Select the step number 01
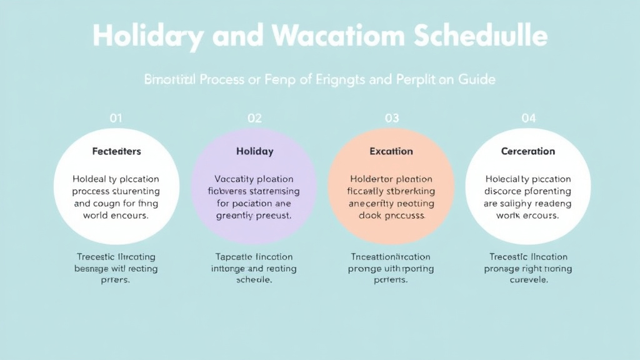tap(116, 117)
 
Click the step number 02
tap(254, 117)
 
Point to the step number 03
tap(392, 117)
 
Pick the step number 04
tap(529, 117)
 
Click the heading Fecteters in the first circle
tap(116, 151)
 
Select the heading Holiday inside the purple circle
tap(254, 151)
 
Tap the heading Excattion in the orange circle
tap(391, 151)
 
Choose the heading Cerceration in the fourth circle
tap(528, 151)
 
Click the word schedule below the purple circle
tap(254, 280)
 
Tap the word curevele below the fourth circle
tap(529, 280)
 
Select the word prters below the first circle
tap(116, 280)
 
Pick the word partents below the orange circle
tap(391, 280)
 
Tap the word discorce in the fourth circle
tap(505, 191)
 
